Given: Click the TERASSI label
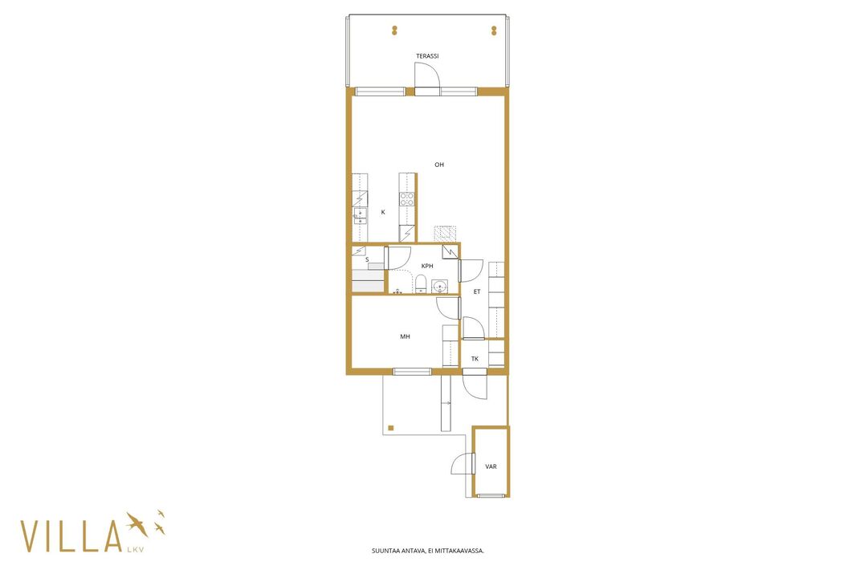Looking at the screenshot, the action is tap(427, 55).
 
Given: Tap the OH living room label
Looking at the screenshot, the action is tap(439, 165).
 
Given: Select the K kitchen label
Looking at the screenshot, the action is tap(383, 212).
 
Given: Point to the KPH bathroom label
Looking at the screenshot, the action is tap(427, 266).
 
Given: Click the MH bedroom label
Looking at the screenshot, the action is tap(405, 336).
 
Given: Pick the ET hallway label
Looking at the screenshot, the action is tap(477, 291).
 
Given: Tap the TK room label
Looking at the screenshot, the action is tap(475, 359).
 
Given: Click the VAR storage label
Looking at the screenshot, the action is tap(491, 466).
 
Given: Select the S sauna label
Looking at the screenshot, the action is tap(367, 260).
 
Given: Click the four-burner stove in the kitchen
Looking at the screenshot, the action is tap(407, 199).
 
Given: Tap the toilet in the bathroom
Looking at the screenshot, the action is tap(420, 284).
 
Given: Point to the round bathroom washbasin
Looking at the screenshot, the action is tap(439, 286).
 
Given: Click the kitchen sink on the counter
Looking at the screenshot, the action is tap(360, 215).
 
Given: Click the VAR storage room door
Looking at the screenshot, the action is tap(473, 463).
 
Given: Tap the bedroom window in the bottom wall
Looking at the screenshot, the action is tap(412, 372).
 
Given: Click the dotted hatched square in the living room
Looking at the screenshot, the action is tap(445, 234).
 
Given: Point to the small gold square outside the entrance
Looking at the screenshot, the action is tap(391, 428).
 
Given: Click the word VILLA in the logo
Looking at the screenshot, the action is tap(71, 536).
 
